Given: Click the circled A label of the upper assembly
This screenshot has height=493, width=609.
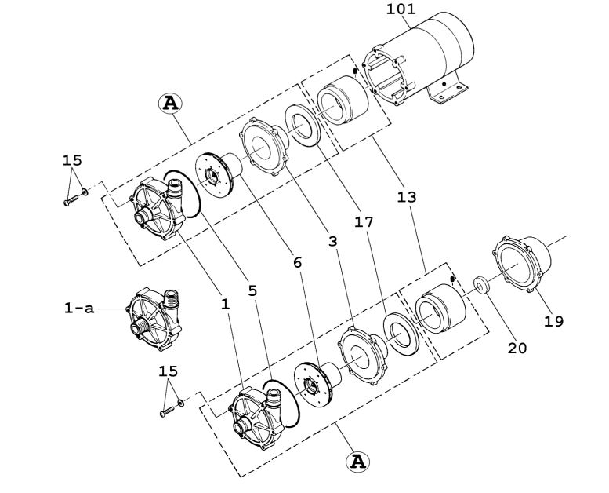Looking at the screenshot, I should (170, 102).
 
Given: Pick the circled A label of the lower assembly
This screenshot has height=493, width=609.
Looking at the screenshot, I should (357, 461).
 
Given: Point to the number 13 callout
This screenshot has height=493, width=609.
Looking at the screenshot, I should (407, 198).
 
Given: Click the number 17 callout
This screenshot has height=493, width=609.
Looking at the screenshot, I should (364, 223).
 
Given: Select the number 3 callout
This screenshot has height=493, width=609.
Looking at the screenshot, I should (333, 241).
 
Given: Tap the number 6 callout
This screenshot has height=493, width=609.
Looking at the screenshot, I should (297, 262).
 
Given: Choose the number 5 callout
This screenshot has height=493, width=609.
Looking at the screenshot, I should (252, 290).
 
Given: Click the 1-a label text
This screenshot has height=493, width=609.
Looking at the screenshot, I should (78, 309).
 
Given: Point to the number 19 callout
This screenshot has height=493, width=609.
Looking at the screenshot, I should (553, 321).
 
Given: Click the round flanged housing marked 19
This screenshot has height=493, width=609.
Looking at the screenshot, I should (521, 268).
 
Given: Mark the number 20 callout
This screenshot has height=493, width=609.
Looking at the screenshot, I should (517, 348).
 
